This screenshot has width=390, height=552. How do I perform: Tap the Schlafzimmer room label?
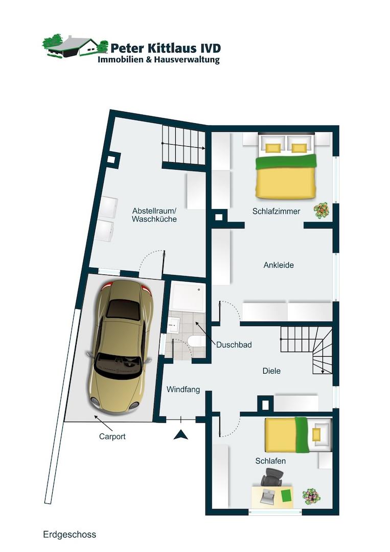(x=276, y=211)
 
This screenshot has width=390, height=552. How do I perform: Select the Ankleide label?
(x=279, y=265)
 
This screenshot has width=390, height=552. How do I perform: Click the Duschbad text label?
(x=234, y=344)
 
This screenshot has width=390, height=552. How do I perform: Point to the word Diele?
(x=271, y=371)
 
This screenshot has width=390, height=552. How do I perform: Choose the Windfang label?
(x=183, y=389)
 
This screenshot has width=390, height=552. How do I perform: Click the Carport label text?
(x=112, y=436)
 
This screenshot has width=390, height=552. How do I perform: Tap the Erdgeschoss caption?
(x=70, y=535)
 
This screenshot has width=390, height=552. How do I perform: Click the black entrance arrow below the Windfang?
(x=180, y=435)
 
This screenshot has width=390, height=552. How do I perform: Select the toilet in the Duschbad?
(x=196, y=341)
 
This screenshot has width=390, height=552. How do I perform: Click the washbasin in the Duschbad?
(x=173, y=325)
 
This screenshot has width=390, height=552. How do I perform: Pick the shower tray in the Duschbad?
(x=188, y=296)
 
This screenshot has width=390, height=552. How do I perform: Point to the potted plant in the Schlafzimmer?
(x=321, y=211)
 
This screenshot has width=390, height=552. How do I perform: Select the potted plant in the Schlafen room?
(x=311, y=496)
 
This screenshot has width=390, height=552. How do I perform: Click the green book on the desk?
(x=287, y=495)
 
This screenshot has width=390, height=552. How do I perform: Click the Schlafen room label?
(x=270, y=461)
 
